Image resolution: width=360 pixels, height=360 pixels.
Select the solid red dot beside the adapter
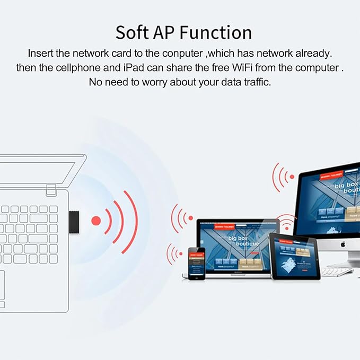point(96,220)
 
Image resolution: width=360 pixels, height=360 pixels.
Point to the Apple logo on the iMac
point(343,244)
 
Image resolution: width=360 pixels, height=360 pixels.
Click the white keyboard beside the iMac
point(336,272)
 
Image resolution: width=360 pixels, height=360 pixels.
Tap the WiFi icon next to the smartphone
point(173,254)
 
